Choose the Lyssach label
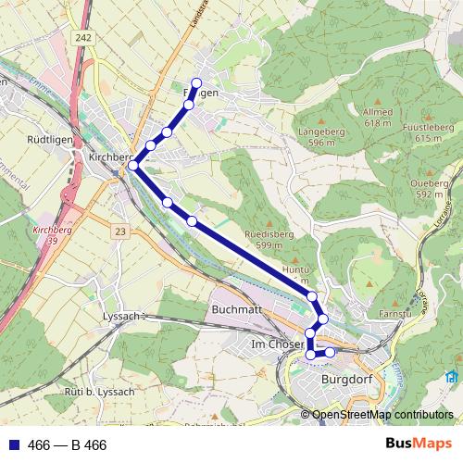pos(119,316)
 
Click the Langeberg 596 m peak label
pos(315,138)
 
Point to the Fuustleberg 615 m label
pos(427,132)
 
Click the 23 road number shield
pos(121,229)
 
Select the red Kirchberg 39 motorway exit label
pos(45,233)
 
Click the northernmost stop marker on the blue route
pos(196,83)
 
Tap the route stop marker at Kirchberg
pos(133,166)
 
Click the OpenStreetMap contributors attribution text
pos(382,416)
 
